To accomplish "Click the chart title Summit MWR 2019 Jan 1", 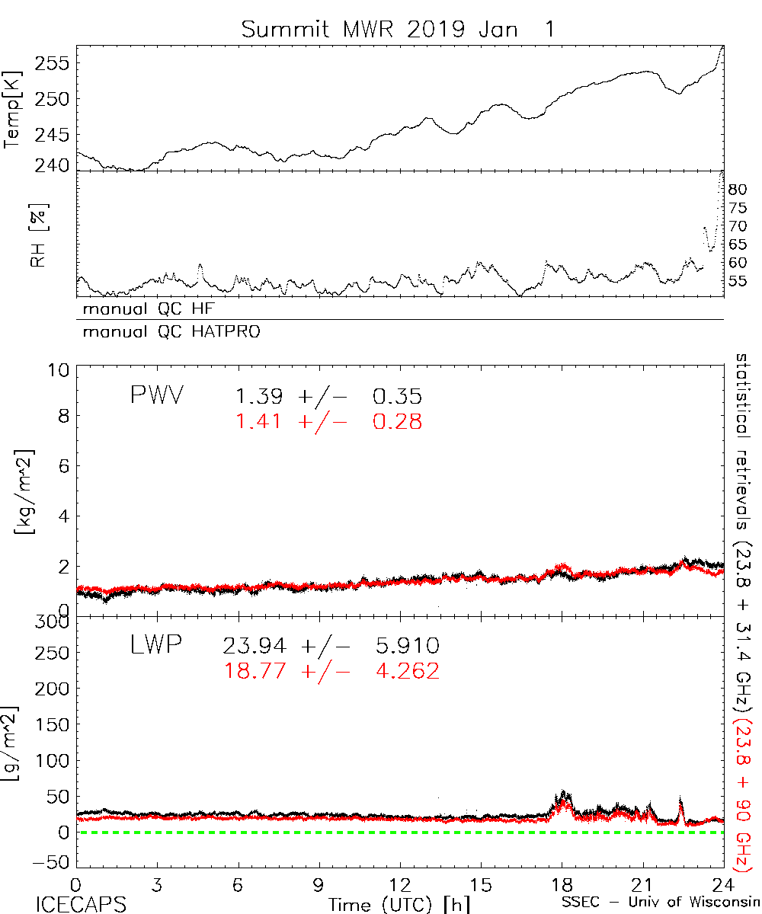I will (399, 30).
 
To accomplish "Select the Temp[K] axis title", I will (13, 111).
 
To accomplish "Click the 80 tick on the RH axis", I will (739, 189).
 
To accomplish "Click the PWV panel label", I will (157, 396).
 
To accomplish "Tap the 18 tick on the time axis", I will (562, 885).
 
